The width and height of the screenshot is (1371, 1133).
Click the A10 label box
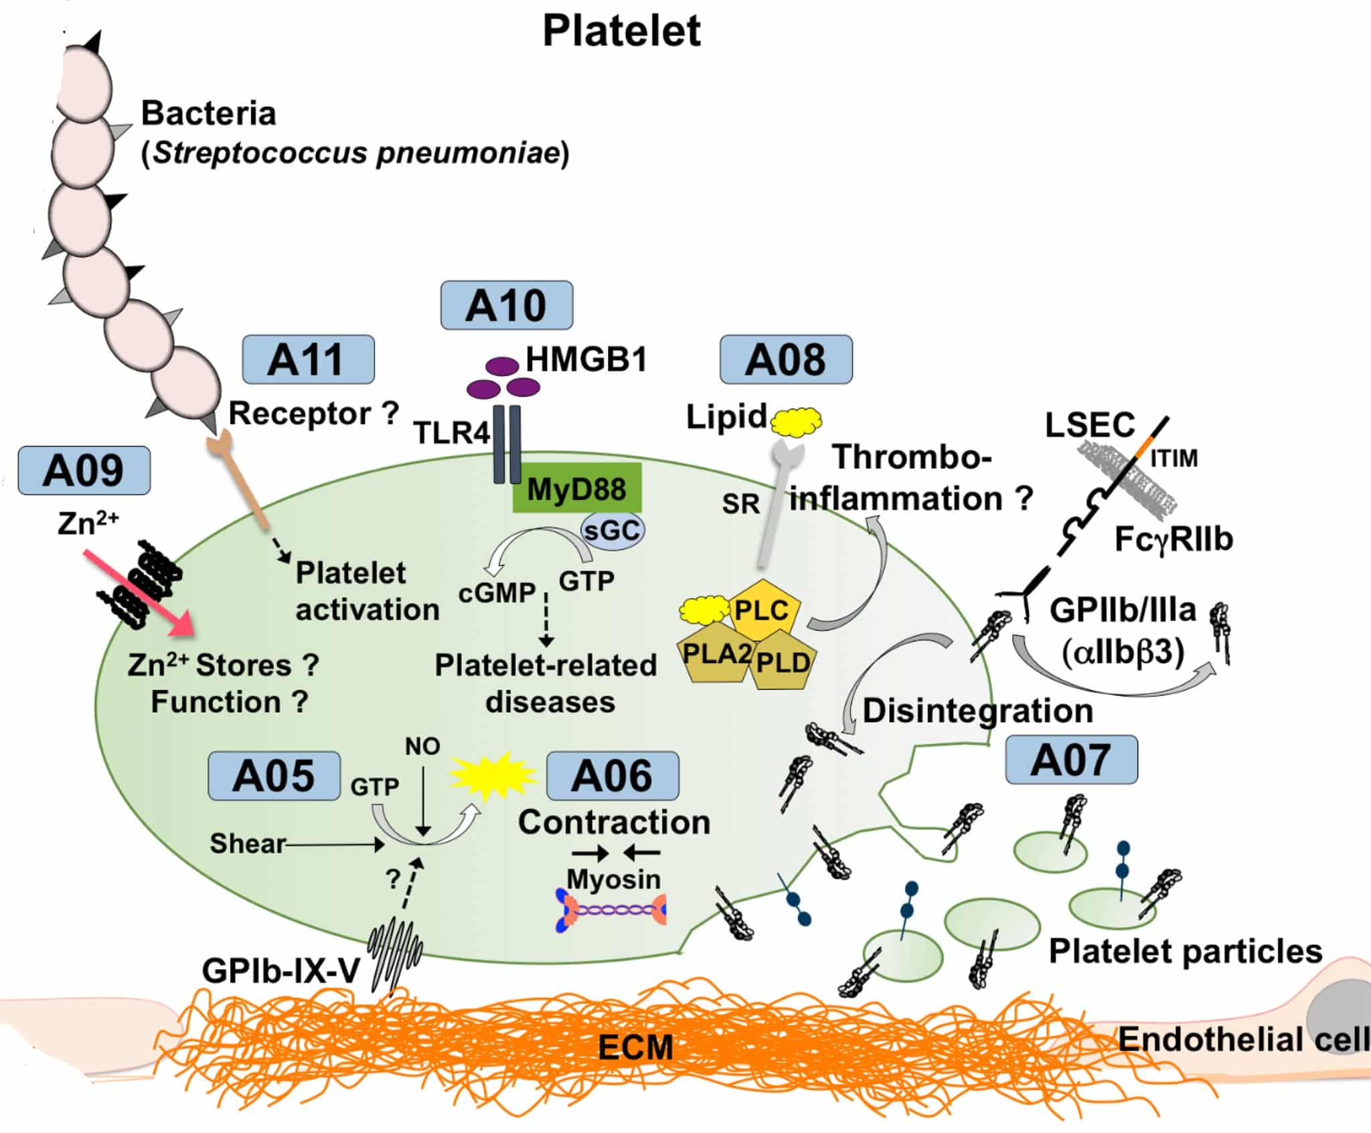coord(506,305)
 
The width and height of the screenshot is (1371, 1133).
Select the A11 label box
coord(308,359)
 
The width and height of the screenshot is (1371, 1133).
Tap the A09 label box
coord(84,470)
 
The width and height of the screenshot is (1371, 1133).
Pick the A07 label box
coord(1071,760)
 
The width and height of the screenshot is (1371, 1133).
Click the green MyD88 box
coord(576,489)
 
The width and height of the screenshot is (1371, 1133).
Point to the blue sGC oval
coord(612,531)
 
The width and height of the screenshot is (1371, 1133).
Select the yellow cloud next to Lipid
coord(797,421)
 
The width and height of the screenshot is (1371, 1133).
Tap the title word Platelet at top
coord(621,31)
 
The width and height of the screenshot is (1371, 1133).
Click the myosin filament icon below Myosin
coord(611,910)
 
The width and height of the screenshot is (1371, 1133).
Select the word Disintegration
coord(977,711)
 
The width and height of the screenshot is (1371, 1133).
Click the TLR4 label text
coord(452,433)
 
